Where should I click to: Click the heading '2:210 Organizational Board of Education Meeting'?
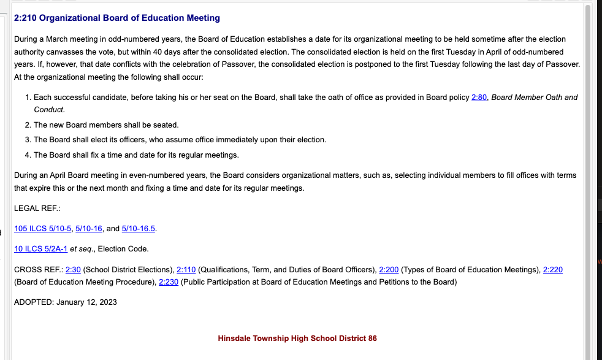click(116, 18)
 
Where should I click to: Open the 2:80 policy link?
click(479, 98)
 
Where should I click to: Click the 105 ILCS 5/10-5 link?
click(43, 229)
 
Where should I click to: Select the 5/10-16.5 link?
click(139, 229)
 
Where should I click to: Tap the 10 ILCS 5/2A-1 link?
click(40, 249)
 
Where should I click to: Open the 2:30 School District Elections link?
click(73, 270)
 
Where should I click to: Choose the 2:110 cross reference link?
click(186, 270)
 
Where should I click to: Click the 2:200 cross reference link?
click(389, 270)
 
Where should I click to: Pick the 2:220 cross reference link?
click(552, 270)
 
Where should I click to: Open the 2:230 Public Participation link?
click(169, 282)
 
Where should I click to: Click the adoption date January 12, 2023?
click(86, 302)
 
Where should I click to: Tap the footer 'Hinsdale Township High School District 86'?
click(297, 339)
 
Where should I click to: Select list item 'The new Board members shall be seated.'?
click(106, 125)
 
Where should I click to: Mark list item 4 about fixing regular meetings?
click(136, 155)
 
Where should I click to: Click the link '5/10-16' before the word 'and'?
click(89, 229)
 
